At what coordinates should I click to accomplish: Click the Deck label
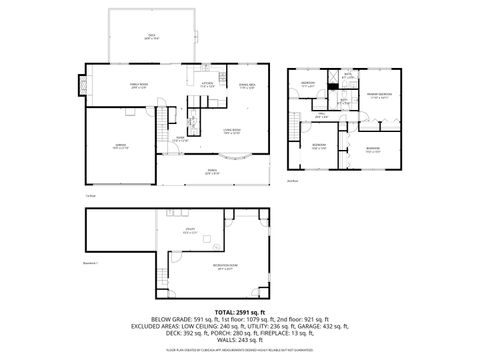pyautogui.click(x=151, y=35)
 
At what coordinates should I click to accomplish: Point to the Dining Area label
pyautogui.click(x=245, y=85)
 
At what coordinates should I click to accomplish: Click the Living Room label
pyautogui.click(x=234, y=130)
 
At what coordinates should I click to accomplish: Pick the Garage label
pyautogui.click(x=119, y=145)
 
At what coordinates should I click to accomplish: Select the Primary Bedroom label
pyautogui.click(x=378, y=95)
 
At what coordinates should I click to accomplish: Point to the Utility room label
pyautogui.click(x=188, y=232)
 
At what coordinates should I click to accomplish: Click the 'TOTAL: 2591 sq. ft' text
pyautogui.click(x=240, y=313)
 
